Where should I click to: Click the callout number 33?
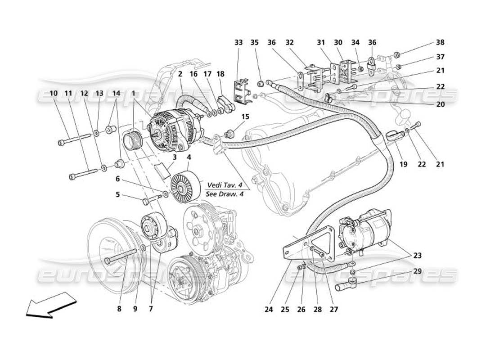[238, 43]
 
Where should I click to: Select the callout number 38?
[440, 43]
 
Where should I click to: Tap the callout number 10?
[54, 93]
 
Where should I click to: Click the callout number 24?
[269, 310]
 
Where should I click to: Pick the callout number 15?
[245, 117]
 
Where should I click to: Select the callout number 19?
[403, 165]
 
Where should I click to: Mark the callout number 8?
[119, 309]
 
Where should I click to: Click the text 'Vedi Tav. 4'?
[223, 185]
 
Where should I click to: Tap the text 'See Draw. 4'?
[223, 194]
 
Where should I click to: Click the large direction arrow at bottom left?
[51, 305]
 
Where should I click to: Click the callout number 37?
[440, 57]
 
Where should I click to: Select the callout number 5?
[117, 195]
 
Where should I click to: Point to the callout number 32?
[289, 43]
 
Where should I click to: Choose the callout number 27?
[334, 310]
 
